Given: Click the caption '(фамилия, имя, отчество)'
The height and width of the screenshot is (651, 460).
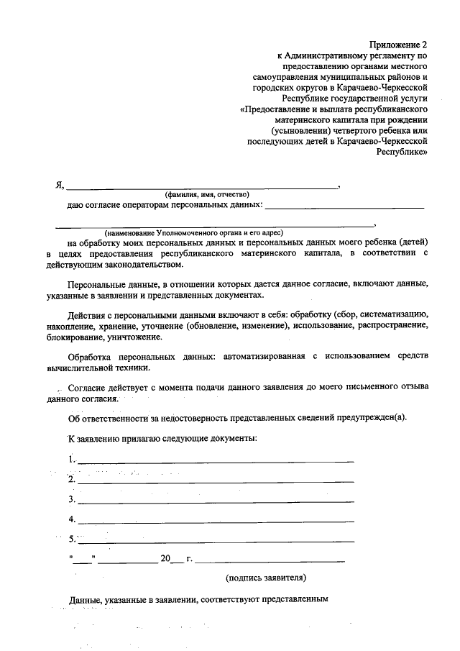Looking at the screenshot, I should click(206, 194).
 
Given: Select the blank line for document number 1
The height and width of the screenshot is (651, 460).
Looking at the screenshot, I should click(216, 460).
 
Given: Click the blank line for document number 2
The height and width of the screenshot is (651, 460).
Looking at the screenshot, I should click(216, 480).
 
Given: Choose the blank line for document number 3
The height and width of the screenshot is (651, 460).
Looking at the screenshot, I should click(216, 500).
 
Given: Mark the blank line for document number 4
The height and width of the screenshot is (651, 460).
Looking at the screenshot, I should click(216, 519).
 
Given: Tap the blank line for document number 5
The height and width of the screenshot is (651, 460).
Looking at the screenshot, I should click(216, 540).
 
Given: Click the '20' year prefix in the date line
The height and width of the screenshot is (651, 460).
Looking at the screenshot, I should click(166, 558).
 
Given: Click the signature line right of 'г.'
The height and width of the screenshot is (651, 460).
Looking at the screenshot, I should click(270, 560).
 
